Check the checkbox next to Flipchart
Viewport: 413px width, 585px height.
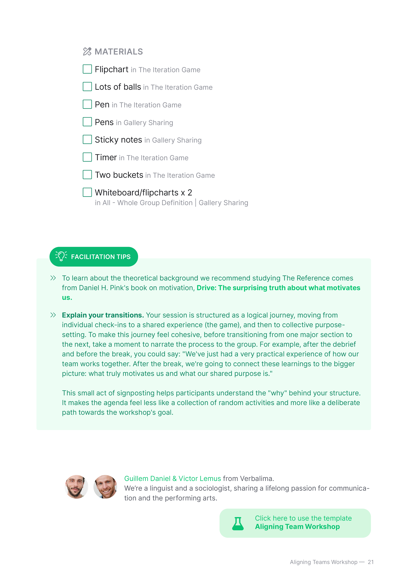pyautogui.click(x=87, y=69)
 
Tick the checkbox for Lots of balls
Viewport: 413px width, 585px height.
pyautogui.click(x=87, y=87)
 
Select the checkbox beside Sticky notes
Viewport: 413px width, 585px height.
pyautogui.click(x=87, y=139)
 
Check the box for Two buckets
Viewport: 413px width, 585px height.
pyautogui.click(x=87, y=175)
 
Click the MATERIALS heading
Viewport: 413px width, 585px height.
pyautogui.click(x=119, y=52)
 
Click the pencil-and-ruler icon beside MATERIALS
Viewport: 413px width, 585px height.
pyautogui.click(x=87, y=52)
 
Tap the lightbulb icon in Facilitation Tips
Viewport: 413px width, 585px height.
pyautogui.click(x=61, y=256)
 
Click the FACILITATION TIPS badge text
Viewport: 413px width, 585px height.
pyautogui.click(x=101, y=257)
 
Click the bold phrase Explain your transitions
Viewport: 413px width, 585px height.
pyautogui.click(x=103, y=315)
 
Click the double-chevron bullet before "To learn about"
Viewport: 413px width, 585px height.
pyautogui.click(x=53, y=278)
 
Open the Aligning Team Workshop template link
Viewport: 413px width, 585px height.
pyautogui.click(x=297, y=526)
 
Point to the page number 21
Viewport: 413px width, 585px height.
pyautogui.click(x=371, y=562)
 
